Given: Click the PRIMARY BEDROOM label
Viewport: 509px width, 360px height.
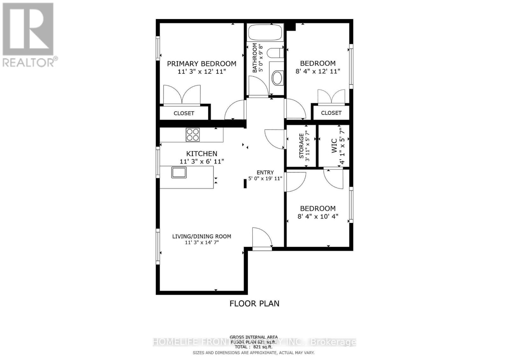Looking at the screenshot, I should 202,64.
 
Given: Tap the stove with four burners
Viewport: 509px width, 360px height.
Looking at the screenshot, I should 193,135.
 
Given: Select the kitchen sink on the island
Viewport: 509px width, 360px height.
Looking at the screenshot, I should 179,172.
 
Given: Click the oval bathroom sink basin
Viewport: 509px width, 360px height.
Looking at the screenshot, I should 277,78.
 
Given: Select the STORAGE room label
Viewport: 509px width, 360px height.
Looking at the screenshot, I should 301,146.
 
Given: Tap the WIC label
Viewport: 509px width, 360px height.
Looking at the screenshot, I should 334,146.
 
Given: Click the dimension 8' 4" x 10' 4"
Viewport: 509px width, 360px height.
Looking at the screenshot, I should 318,217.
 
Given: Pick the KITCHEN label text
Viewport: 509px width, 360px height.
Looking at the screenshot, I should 202,154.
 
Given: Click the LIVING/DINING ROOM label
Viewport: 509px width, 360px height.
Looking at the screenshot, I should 202,236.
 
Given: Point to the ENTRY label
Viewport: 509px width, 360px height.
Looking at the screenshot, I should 265,172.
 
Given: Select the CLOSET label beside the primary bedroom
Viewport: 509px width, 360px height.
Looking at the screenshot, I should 184,113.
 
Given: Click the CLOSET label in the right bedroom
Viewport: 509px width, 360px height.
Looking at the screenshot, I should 331,113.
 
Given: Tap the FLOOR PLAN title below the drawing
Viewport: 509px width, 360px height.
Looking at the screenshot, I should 254,303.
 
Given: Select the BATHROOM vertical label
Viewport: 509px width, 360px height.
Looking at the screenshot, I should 255,58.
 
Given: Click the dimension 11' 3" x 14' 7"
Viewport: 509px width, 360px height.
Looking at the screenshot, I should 202,243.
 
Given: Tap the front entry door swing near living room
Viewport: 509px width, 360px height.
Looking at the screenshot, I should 262,237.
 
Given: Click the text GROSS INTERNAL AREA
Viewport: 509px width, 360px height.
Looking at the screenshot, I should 254,337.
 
